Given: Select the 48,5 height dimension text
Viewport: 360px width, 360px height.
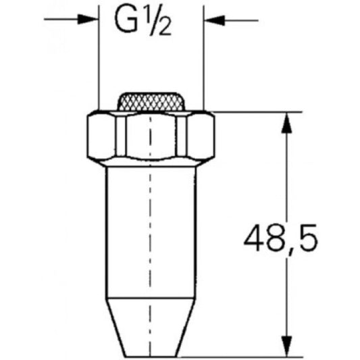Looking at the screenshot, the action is [x=280, y=239].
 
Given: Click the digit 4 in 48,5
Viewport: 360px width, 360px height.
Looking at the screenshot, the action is [x=254, y=238].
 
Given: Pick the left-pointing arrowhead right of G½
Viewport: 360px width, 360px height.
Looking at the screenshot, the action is [x=214, y=20].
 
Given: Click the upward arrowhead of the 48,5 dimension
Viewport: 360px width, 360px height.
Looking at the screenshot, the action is [x=287, y=122].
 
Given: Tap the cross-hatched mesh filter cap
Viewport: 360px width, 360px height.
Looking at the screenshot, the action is [x=151, y=102].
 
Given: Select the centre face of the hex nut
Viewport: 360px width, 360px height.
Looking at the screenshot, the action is [x=151, y=136].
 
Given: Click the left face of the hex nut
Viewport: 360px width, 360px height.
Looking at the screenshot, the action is [x=101, y=136].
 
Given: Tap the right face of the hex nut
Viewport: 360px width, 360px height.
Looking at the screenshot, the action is [x=201, y=136].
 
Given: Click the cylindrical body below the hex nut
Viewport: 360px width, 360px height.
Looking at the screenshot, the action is [x=151, y=232].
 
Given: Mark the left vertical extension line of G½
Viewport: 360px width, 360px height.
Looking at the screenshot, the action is [x=99, y=57].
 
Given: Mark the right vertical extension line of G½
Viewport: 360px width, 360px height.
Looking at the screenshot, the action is [x=204, y=57].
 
